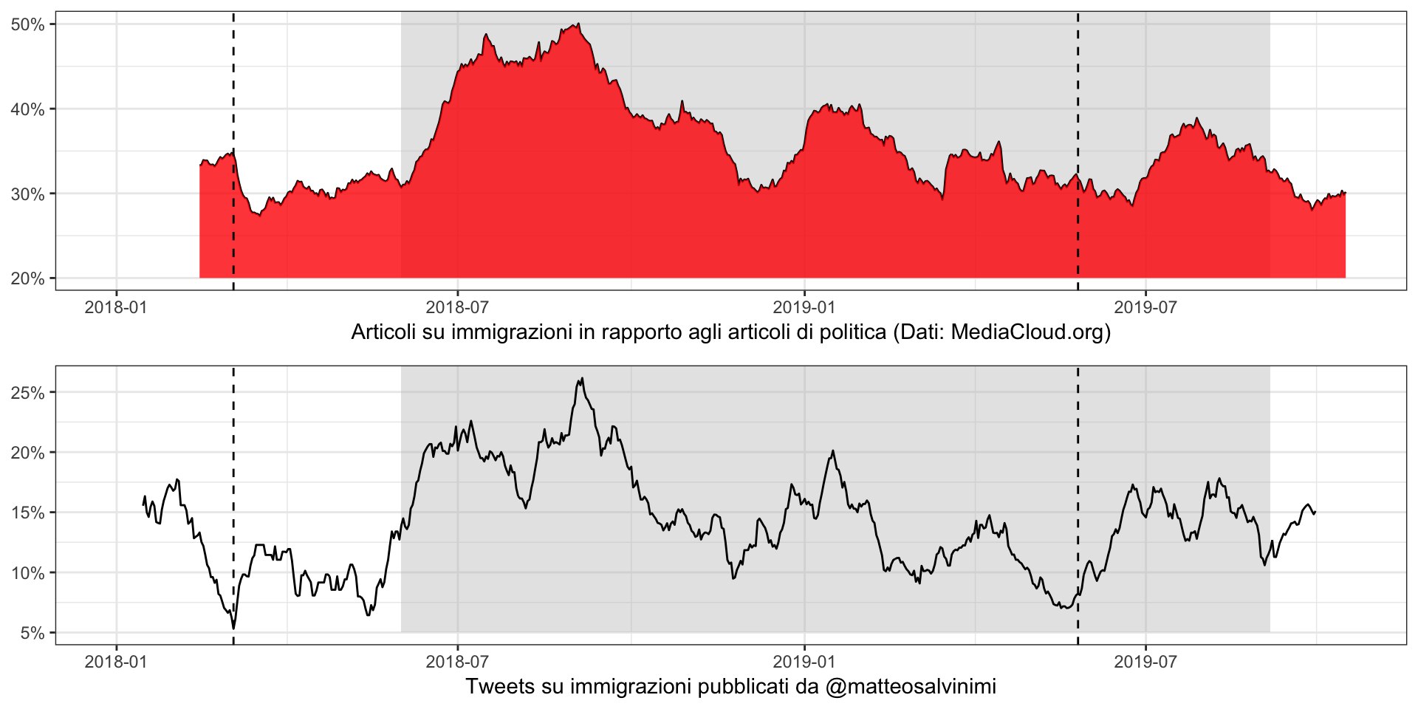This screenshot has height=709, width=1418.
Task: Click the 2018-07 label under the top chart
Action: click(457, 306)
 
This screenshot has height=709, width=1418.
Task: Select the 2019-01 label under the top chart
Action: click(803, 306)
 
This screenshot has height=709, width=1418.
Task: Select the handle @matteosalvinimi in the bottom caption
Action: click(910, 687)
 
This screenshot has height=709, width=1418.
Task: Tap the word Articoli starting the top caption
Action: click(384, 333)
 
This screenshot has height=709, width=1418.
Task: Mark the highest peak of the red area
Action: click(579, 24)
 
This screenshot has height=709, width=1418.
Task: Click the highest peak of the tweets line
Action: click(582, 379)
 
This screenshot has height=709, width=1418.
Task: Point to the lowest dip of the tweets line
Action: click(234, 628)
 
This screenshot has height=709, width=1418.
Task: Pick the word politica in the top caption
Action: click(854, 333)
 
